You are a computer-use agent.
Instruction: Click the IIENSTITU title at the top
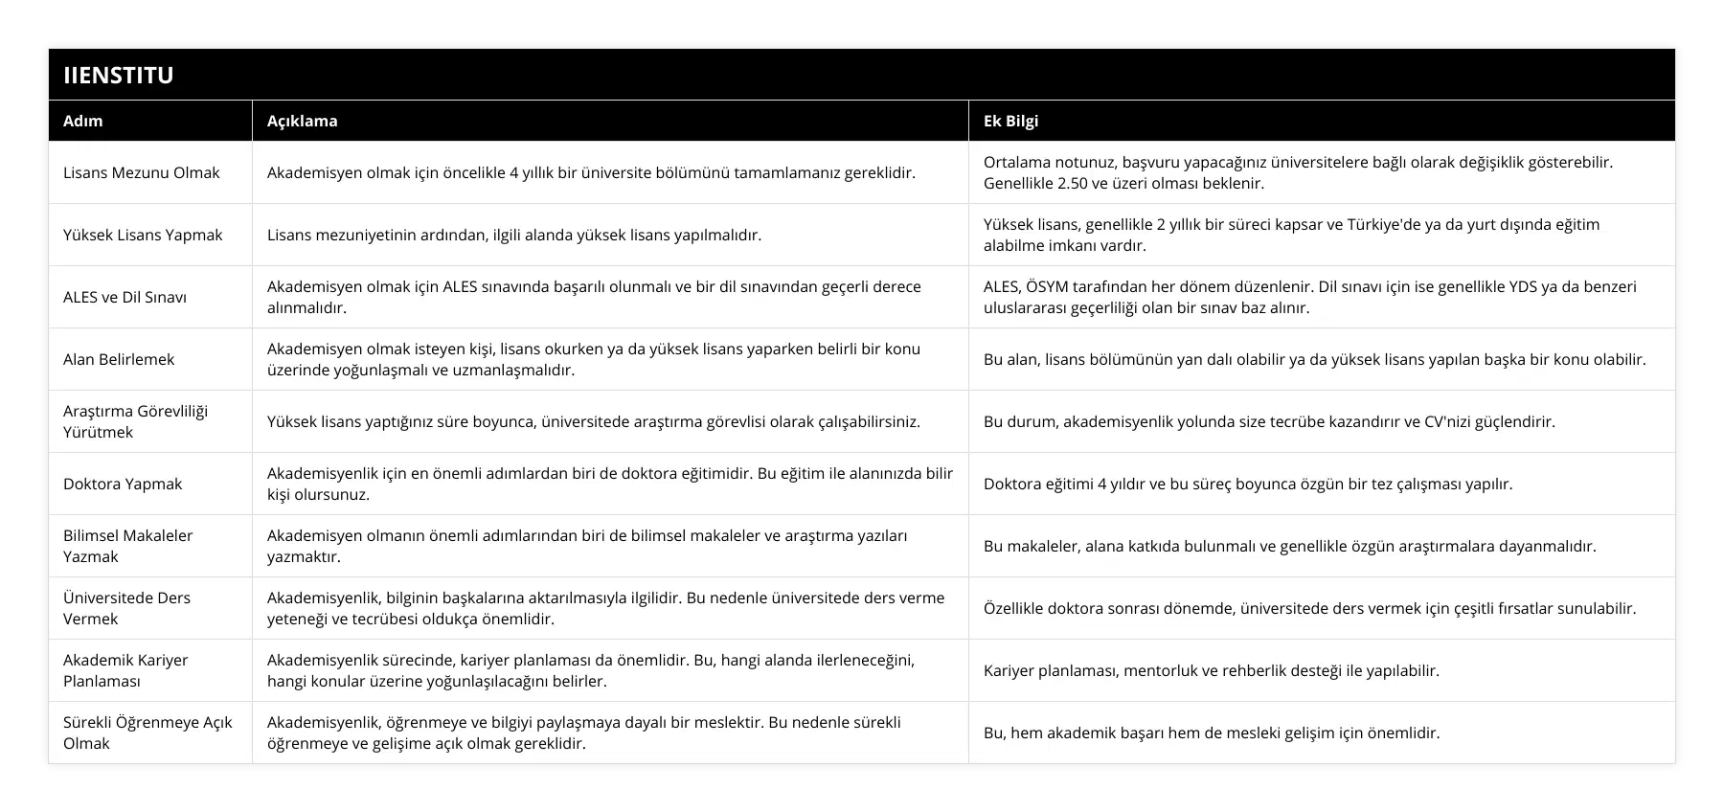(x=118, y=75)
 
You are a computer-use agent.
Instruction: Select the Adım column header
(x=82, y=121)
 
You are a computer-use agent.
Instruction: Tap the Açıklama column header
(x=302, y=121)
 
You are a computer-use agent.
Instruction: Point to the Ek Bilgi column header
(x=1010, y=121)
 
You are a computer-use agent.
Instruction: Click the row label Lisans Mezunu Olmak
(x=141, y=172)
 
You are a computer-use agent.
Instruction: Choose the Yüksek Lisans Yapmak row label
(x=143, y=235)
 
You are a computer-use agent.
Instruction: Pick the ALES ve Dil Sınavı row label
(x=125, y=297)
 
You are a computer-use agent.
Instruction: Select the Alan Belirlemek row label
(x=119, y=359)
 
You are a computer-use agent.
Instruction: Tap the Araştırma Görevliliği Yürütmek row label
(x=135, y=421)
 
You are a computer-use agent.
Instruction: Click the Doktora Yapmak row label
(x=123, y=484)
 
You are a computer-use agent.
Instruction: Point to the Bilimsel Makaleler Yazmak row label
(x=127, y=546)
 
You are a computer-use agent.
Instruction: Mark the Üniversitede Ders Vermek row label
(x=126, y=608)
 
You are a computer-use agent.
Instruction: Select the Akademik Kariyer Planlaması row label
(x=125, y=670)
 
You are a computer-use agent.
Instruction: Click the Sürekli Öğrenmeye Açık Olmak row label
(x=147, y=733)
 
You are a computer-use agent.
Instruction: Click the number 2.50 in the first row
(x=1078, y=183)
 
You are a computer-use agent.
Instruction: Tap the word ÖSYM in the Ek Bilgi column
(x=1055, y=286)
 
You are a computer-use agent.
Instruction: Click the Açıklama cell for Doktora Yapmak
(x=609, y=484)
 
